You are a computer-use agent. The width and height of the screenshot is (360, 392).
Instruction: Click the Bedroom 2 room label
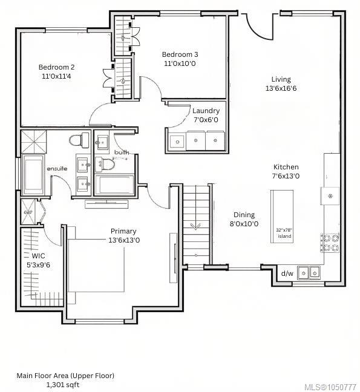point(56,67)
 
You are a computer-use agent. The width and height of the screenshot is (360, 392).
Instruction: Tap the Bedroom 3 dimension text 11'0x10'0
point(180,64)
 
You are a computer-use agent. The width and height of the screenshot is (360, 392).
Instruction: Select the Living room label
point(281,79)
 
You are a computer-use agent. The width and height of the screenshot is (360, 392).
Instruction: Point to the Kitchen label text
point(286,167)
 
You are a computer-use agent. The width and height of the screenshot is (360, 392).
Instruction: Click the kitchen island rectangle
point(282,217)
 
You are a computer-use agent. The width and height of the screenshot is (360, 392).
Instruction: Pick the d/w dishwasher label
point(287,273)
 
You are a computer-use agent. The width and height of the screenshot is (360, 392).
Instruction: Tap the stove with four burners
point(330,243)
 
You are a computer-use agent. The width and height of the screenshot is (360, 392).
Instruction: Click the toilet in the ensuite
point(79,140)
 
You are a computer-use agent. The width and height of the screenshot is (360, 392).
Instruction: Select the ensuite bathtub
point(33,174)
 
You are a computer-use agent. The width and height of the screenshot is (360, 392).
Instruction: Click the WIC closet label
point(39,256)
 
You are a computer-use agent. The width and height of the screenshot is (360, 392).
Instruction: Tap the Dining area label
point(244,215)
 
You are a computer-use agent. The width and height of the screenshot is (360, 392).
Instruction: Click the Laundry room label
point(206,111)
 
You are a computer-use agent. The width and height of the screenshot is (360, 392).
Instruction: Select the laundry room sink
point(177,142)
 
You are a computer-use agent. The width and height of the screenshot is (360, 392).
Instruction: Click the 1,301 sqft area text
point(63,385)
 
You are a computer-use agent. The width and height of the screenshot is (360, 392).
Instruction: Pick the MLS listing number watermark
point(330,387)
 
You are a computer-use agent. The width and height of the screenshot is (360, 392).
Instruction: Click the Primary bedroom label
point(123,231)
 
